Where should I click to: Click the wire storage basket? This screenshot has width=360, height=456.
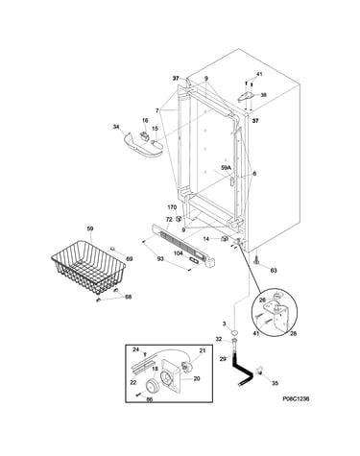pos(88,267)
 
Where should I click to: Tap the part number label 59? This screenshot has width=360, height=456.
pos(90,228)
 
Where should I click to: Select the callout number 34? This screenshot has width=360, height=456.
pos(116,127)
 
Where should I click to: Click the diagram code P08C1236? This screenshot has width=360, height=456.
pos(296,398)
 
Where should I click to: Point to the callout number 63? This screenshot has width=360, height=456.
pos(274,271)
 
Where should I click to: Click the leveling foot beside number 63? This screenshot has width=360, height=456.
pos(256,261)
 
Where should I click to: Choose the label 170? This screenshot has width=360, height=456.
pos(172,207)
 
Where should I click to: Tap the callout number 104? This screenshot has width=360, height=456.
pos(179,253)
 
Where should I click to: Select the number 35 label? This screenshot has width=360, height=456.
pos(275,383)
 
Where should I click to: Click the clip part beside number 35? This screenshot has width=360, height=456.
pos(258,371)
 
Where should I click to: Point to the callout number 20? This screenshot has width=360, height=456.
pos(197,378)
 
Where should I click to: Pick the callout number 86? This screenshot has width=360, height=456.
pos(150,399)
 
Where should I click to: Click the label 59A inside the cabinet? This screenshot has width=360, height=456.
pos(226,167)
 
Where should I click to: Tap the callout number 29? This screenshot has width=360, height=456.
pos(223,359)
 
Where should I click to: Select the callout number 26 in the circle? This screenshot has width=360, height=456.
pos(262,300)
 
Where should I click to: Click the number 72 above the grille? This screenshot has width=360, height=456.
pos(169,219)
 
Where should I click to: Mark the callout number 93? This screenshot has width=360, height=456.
pos(160,258)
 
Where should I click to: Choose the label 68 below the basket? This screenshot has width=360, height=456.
pos(128,297)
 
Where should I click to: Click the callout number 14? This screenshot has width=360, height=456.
pos(206,239)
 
